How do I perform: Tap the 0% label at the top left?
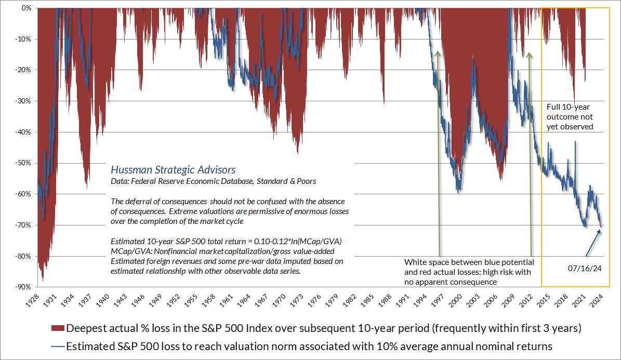25,8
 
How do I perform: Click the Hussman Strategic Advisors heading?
173,170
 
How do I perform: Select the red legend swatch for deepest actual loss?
58,328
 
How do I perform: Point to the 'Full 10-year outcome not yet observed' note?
570,116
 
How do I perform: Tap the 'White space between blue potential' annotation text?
469,262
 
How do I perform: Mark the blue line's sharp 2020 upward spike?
575,142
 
